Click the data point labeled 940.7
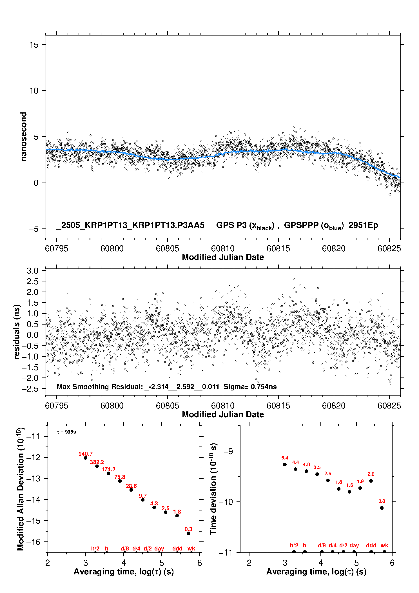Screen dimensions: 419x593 pyautogui.click(x=86, y=458)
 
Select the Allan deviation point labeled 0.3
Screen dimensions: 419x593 pyautogui.click(x=188, y=533)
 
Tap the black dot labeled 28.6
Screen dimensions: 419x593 pyautogui.click(x=131, y=490)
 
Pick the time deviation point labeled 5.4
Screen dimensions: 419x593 pyautogui.click(x=285, y=465)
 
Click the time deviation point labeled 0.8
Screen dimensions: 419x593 pyautogui.click(x=382, y=508)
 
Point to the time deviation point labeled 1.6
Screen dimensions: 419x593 pyautogui.click(x=349, y=492)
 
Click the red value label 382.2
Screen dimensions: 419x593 pyautogui.click(x=97, y=462)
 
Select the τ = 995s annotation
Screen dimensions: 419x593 pyautogui.click(x=66, y=432)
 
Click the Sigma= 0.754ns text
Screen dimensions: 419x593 pyautogui.click(x=250, y=387)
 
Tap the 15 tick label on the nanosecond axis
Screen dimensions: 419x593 pyautogui.click(x=34, y=45)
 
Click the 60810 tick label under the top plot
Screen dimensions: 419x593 pyautogui.click(x=223, y=248)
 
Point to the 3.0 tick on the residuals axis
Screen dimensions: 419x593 pyautogui.click(x=32, y=271)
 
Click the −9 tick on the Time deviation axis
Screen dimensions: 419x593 pyautogui.click(x=228, y=451)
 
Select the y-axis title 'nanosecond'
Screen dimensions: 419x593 pyautogui.click(x=23, y=137)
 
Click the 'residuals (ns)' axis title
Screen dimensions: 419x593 pyautogui.click(x=17, y=332)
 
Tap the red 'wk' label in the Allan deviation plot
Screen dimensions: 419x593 pyautogui.click(x=191, y=548)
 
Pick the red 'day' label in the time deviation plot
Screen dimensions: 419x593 pyautogui.click(x=354, y=546)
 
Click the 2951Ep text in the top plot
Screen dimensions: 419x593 pyautogui.click(x=363, y=225)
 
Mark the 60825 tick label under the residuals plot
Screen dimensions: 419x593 pyautogui.click(x=389, y=406)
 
